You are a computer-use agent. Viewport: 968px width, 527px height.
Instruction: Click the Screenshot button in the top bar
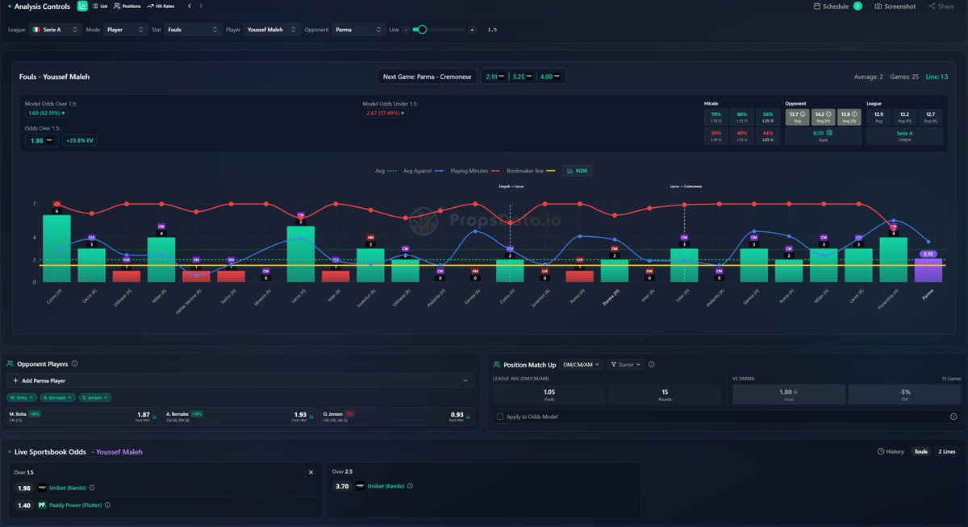[x=895, y=6]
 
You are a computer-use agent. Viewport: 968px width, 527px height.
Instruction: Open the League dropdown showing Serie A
[x=56, y=30]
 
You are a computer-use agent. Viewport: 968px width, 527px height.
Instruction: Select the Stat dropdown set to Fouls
[x=193, y=30]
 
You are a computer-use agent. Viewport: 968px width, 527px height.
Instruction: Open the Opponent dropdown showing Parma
[x=358, y=30]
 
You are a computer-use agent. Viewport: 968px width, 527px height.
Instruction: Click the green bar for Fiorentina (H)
[x=893, y=259]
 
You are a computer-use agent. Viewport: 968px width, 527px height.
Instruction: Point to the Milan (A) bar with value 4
[x=161, y=259]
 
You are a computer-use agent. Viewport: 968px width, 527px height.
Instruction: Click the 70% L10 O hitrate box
[x=715, y=118]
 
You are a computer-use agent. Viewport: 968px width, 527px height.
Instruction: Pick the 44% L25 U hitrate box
[x=767, y=136]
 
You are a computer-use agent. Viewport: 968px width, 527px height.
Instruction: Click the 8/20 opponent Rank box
[x=823, y=136]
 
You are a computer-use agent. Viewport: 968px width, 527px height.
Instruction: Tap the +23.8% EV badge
[x=79, y=141]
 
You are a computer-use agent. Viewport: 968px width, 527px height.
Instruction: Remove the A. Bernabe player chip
[x=70, y=397]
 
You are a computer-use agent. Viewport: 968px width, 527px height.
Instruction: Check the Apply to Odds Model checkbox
[x=500, y=417]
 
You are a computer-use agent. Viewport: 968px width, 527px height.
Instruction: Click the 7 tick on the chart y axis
[x=35, y=205]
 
